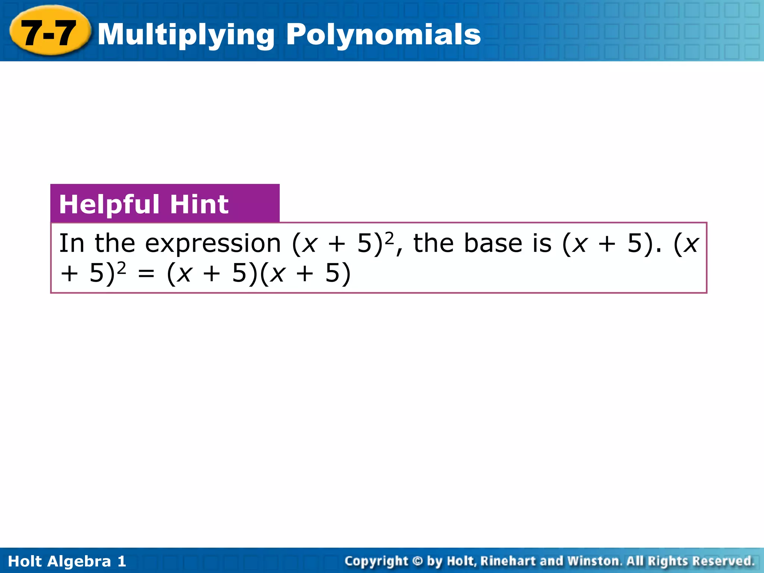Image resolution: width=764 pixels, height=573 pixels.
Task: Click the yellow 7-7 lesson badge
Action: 49,33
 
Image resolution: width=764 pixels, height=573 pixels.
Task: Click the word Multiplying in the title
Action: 186,35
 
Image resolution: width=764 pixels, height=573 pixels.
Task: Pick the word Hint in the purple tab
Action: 199,204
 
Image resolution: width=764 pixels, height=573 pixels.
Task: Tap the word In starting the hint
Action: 72,243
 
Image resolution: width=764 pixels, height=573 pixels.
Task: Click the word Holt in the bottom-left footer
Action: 25,561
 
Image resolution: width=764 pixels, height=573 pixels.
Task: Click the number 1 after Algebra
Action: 122,561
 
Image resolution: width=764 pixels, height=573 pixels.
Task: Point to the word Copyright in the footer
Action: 376,561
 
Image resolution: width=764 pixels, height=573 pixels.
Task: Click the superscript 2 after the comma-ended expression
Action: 389,238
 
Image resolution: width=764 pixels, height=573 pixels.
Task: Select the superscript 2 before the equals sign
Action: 121,268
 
